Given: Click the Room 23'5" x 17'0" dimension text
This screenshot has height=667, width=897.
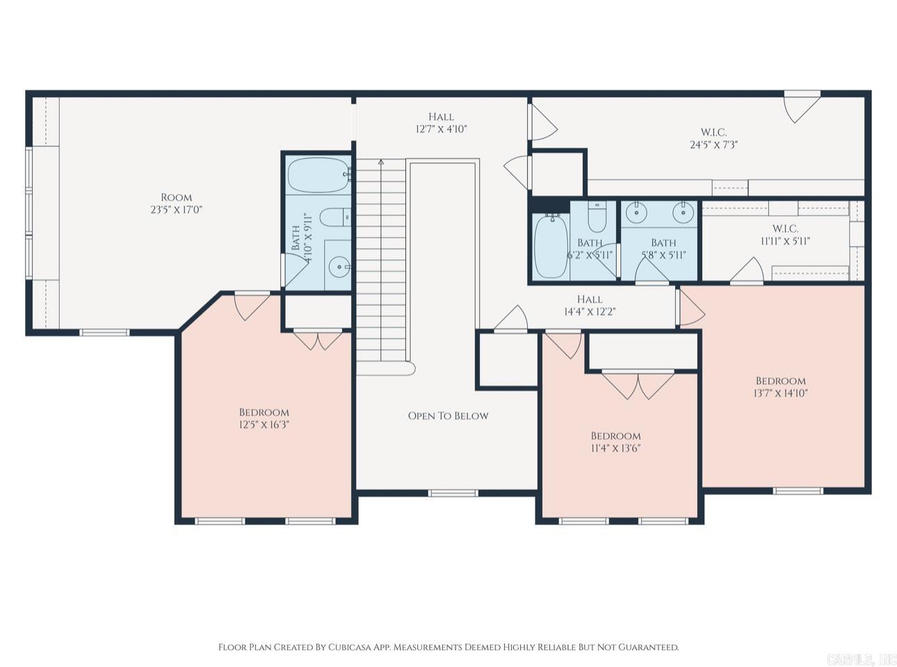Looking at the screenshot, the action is tap(177, 210).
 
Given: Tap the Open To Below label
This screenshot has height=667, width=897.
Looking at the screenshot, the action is tap(448, 416).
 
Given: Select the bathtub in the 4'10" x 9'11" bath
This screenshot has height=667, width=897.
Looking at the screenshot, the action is tap(318, 175).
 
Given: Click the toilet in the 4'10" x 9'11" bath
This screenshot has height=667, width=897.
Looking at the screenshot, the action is tap(336, 217).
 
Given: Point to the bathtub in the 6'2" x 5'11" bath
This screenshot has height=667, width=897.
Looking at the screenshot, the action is tap(551, 246).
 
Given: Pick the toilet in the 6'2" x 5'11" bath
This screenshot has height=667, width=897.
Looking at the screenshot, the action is tap(597, 217).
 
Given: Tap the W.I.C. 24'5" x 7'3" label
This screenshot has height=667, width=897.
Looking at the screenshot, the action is tap(714, 138).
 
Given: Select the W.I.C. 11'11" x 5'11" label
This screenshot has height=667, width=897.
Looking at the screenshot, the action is tap(785, 235).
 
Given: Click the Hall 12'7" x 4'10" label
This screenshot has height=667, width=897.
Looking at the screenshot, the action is tap(442, 123).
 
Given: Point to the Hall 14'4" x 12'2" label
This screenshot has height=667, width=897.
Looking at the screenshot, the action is tap(590, 305).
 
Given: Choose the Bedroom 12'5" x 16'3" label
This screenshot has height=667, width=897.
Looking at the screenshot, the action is tap(264, 418).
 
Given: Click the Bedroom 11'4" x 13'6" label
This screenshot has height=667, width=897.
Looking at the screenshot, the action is tap(616, 442).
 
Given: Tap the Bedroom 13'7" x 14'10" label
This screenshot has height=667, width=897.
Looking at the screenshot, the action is tap(780, 387).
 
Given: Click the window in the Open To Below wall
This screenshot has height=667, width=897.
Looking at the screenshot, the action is tap(453, 493).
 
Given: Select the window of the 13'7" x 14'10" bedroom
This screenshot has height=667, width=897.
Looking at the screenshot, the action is tap(798, 491).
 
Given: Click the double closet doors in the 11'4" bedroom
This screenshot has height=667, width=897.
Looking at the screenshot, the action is tap(638, 385).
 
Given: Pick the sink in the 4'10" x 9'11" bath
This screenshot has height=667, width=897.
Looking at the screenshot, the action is tap(339, 267).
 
